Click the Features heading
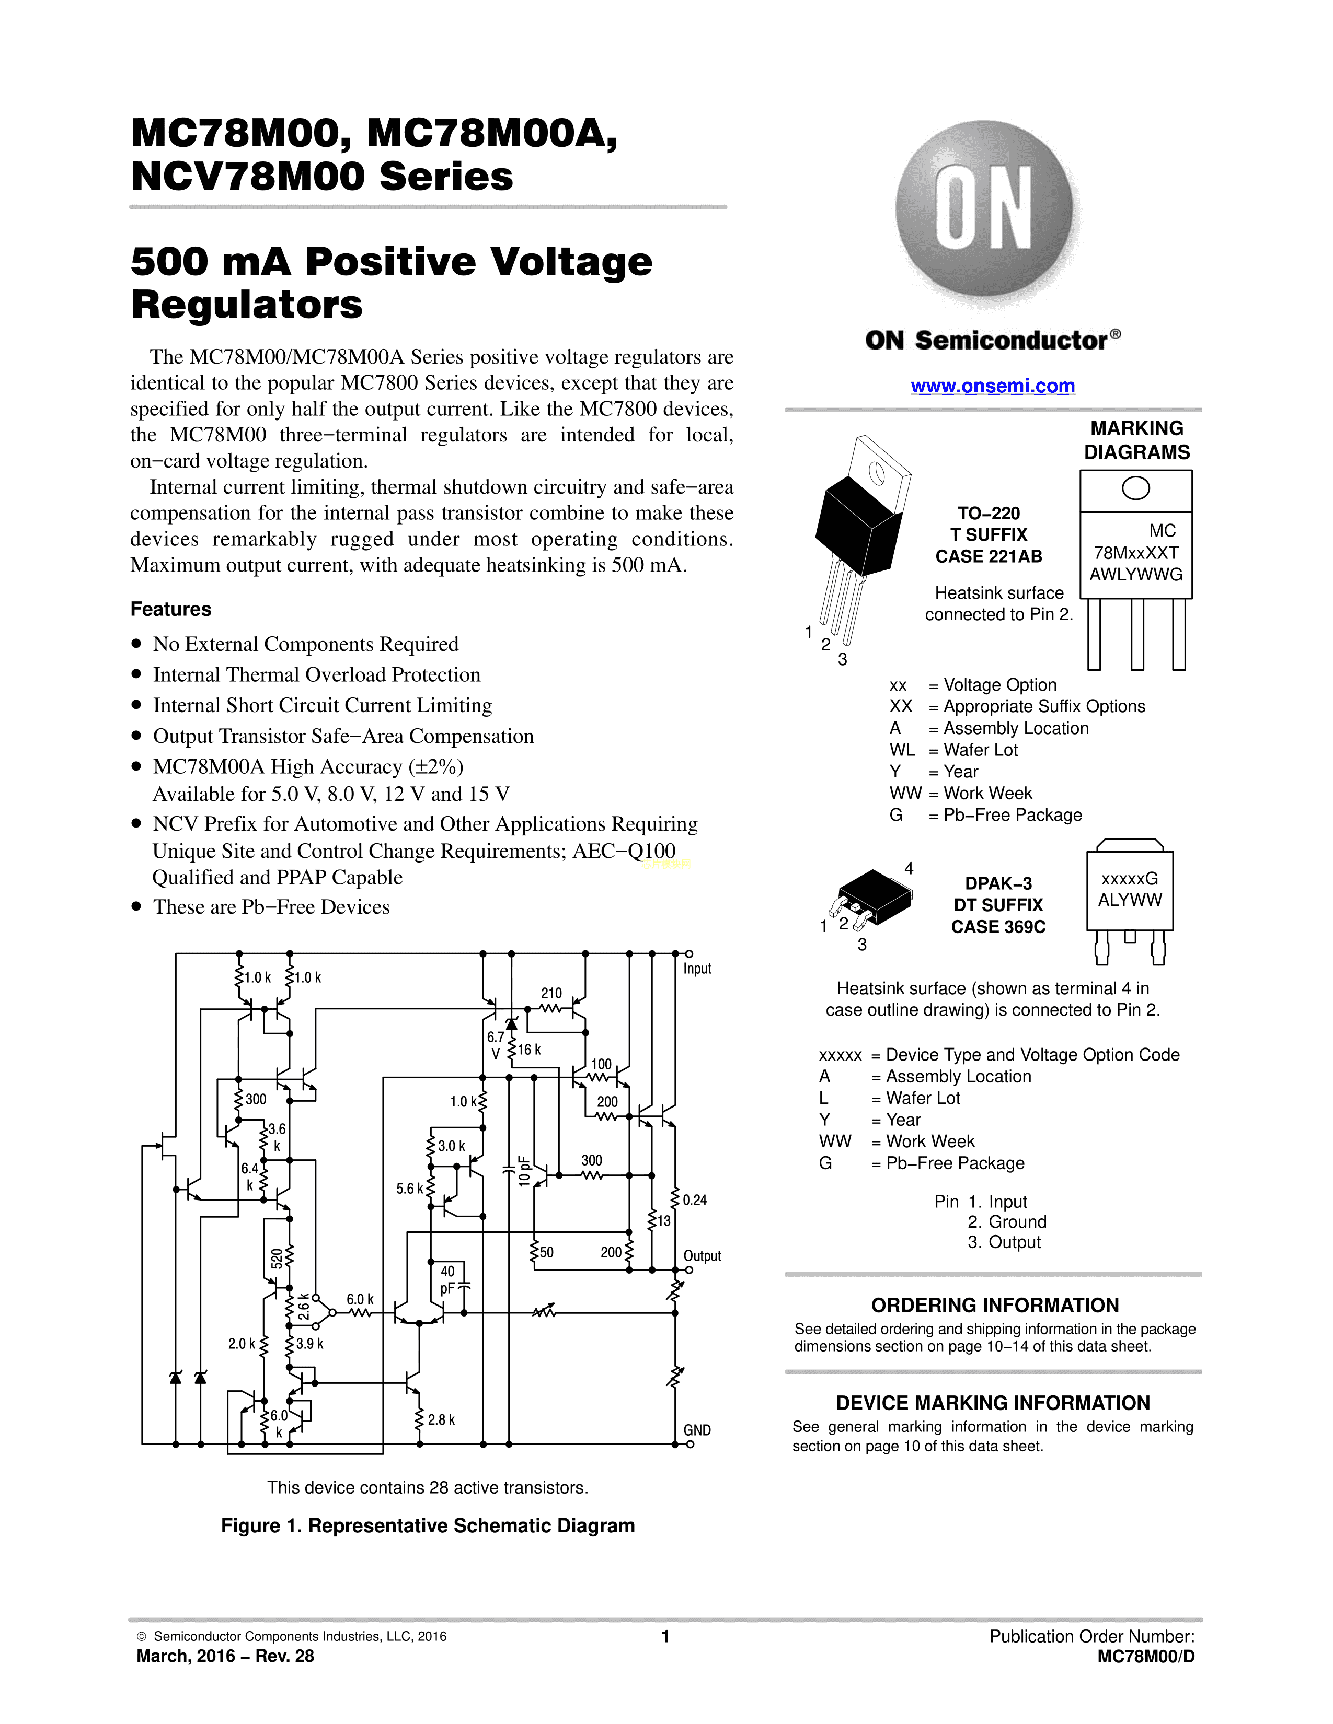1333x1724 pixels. point(170,609)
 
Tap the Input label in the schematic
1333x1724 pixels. point(697,969)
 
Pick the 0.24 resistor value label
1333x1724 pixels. point(695,1200)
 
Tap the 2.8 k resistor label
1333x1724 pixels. point(441,1420)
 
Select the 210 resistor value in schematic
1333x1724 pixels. point(551,993)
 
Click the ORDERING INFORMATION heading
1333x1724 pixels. point(995,1306)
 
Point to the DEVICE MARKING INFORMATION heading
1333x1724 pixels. point(993,1403)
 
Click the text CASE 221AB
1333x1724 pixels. point(989,556)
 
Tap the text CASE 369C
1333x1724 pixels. point(998,927)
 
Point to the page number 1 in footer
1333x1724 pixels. point(665,1636)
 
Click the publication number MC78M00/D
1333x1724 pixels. point(1146,1656)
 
